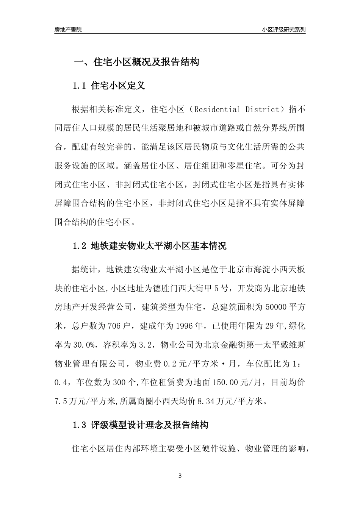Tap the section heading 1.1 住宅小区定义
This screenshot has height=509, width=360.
click(109, 86)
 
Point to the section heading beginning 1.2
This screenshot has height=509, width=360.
click(149, 247)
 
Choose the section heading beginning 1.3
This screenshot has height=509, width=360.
click(140, 425)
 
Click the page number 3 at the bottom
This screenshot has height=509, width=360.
click(180, 476)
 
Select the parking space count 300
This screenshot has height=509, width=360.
click(119, 383)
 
